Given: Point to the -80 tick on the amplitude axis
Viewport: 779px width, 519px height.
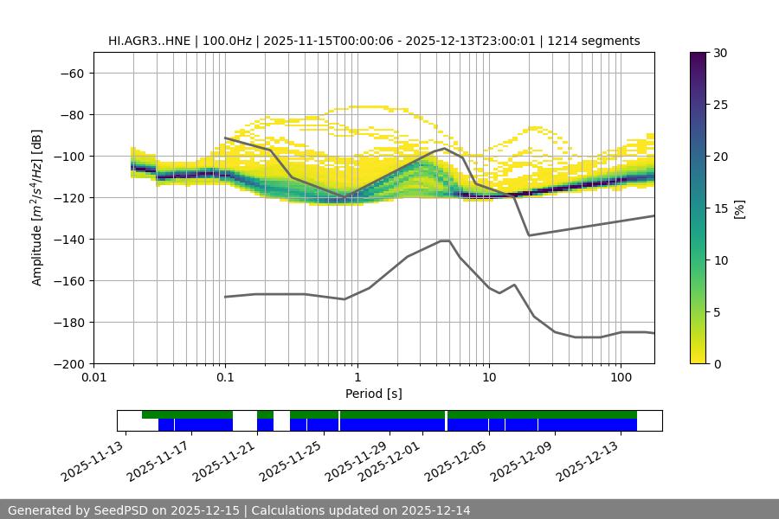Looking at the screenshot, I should click(x=71, y=115).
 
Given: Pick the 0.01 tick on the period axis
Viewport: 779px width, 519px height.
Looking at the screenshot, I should click(x=93, y=378).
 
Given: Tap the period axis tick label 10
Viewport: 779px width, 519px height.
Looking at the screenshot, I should click(x=489, y=378).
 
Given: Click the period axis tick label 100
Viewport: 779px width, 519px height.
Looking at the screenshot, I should click(x=621, y=378).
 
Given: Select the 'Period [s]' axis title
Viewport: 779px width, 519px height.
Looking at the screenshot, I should click(x=374, y=394).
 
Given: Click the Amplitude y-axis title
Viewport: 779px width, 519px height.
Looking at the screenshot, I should click(x=37, y=208).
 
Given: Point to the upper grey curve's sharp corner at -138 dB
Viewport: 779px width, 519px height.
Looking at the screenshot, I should click(x=529, y=235).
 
